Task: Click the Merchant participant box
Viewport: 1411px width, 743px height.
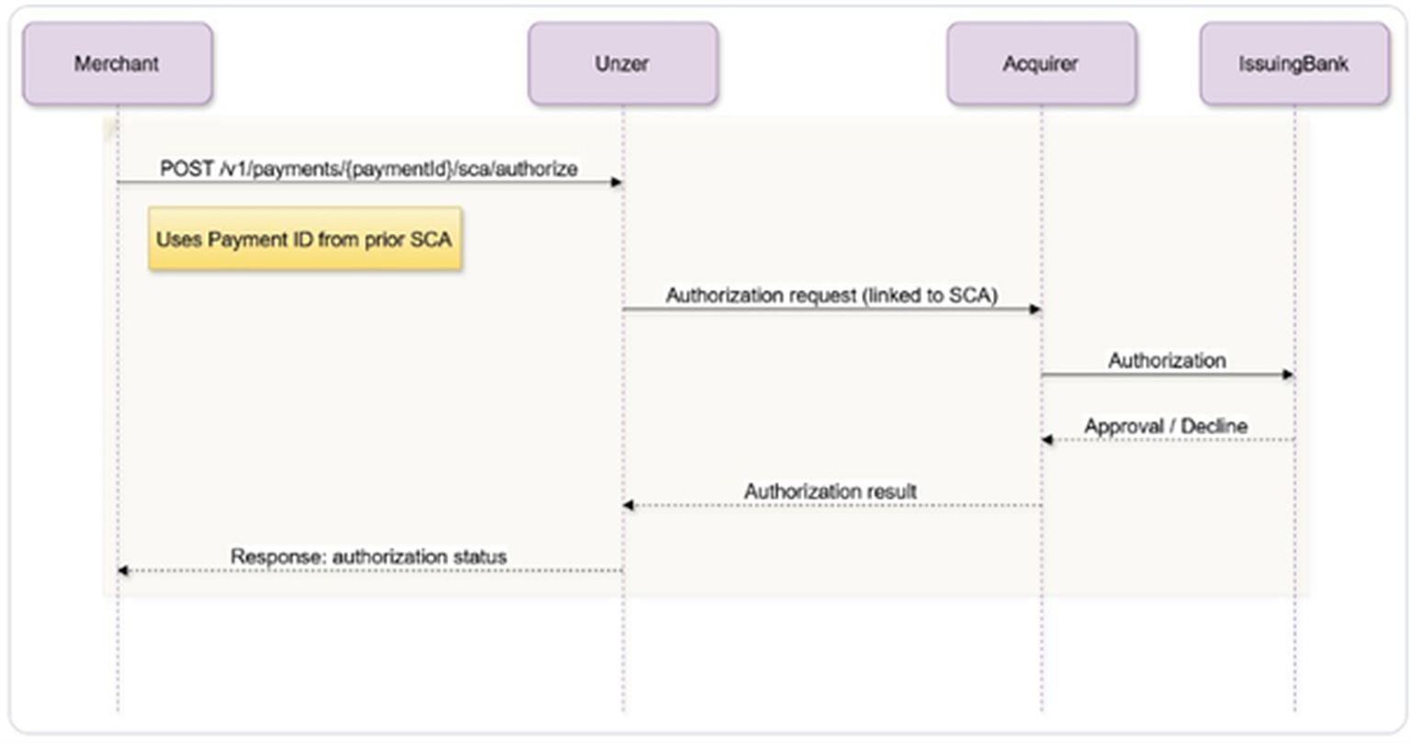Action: [118, 63]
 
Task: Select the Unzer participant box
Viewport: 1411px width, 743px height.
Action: [623, 63]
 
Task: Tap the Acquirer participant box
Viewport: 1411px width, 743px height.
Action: [1041, 63]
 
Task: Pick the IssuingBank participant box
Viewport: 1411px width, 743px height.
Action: [1294, 63]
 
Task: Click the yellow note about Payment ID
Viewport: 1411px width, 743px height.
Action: [305, 240]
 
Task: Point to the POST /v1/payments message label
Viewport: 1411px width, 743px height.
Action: [368, 169]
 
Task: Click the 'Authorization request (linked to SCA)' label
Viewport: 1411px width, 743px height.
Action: [831, 296]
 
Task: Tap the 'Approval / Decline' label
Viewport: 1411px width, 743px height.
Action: [1166, 425]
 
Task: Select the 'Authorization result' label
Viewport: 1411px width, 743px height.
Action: [830, 491]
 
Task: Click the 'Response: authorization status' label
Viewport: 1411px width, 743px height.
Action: [368, 557]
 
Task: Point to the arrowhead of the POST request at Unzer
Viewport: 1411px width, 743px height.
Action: [616, 183]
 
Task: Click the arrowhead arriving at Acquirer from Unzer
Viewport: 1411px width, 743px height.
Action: [1035, 310]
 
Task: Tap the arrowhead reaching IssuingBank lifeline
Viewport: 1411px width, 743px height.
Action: [1288, 375]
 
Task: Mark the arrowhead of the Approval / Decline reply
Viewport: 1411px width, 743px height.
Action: [1047, 440]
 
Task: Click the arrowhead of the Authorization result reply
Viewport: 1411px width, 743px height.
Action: [629, 505]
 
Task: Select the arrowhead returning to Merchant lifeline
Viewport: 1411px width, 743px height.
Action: [124, 570]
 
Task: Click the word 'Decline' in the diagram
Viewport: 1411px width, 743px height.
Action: [1214, 425]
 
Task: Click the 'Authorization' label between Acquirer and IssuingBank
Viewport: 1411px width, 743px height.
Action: [1168, 360]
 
